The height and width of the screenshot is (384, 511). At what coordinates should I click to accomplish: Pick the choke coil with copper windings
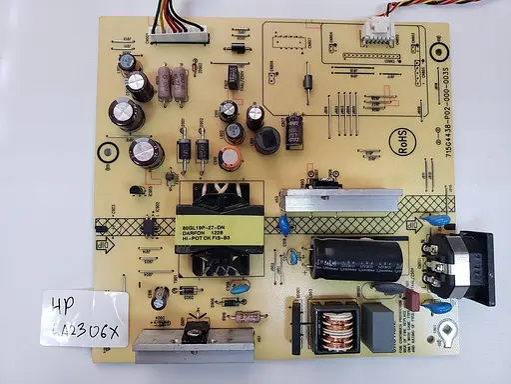(x=336, y=330)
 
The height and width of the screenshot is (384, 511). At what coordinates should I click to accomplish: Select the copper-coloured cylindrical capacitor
(x=232, y=159)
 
